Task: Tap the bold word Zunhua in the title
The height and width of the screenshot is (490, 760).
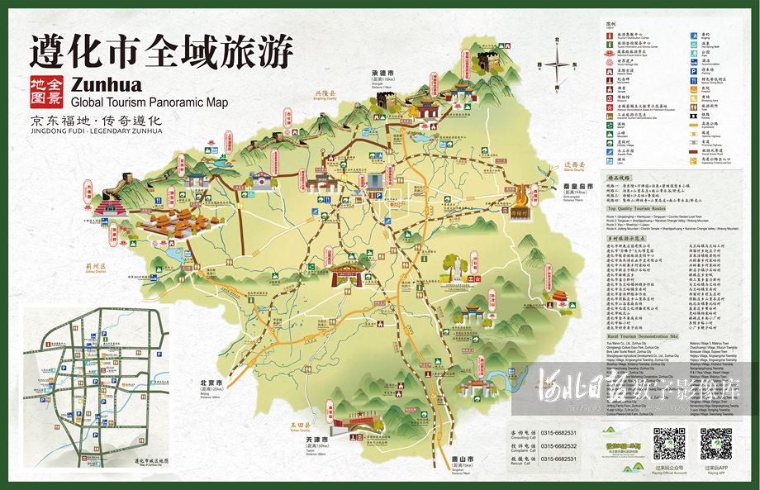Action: (107, 84)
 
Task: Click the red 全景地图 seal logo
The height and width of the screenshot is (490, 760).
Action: (47, 92)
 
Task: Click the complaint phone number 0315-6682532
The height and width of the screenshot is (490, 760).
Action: (559, 446)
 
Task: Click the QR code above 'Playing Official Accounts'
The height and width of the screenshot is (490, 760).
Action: (669, 444)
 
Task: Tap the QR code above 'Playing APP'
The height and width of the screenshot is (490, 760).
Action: (715, 444)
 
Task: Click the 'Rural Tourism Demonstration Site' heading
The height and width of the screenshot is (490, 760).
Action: (641, 337)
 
